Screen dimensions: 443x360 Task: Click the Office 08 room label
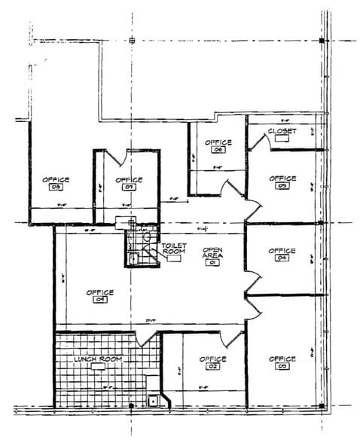pos(56,183)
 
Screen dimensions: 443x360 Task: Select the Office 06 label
pos(218,145)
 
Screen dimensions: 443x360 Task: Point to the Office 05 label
pos(282,182)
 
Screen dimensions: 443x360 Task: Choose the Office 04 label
pos(282,254)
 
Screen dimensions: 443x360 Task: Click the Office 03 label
pos(282,362)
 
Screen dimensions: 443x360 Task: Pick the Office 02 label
pos(213,362)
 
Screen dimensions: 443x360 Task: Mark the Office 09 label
pos(99,295)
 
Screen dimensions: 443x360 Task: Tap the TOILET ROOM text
pos(174,249)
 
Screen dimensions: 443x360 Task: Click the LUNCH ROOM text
pos(98,359)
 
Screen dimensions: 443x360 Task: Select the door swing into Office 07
pos(115,157)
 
